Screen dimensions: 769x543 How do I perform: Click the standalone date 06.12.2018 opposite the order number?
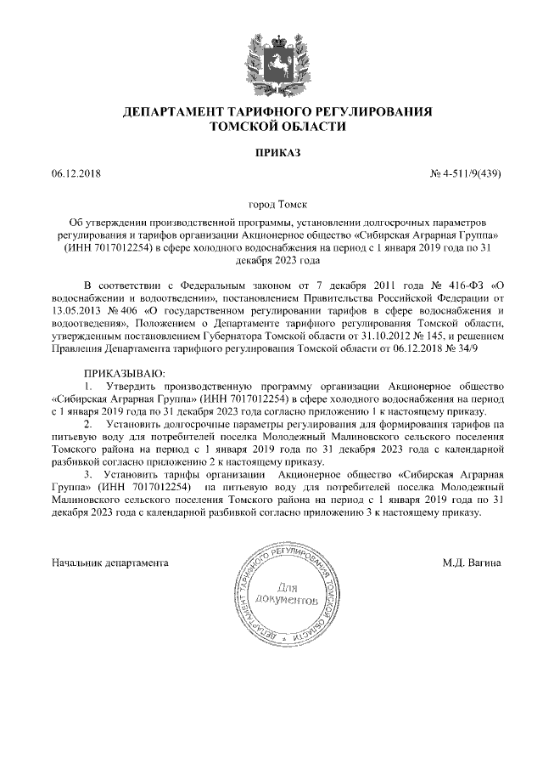[76, 174]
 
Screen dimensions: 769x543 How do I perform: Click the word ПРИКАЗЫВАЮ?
[123, 374]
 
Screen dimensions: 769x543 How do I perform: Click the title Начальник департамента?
[110, 562]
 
